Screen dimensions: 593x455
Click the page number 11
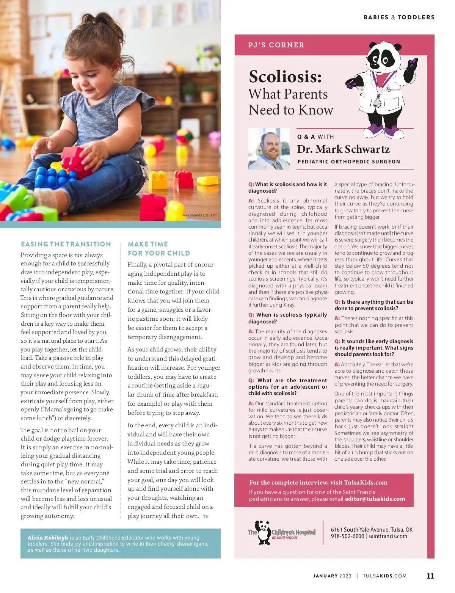430,576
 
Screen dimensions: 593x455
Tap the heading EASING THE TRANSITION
66,244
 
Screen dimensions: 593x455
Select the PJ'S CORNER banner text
276,45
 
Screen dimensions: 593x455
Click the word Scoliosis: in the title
285,77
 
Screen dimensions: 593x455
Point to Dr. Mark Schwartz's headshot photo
268,149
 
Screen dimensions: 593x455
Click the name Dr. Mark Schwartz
343,149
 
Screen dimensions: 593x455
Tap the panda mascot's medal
377,103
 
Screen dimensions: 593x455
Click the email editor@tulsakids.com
375,499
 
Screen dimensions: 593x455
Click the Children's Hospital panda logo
263,532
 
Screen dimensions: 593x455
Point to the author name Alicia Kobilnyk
48,538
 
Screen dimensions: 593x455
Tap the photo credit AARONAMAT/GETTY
200,215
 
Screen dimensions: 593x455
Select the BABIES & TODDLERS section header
399,17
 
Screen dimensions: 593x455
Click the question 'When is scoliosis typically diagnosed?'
287,318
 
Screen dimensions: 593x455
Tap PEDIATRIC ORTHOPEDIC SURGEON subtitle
348,162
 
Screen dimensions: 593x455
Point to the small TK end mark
206,516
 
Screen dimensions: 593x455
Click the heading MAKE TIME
148,244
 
